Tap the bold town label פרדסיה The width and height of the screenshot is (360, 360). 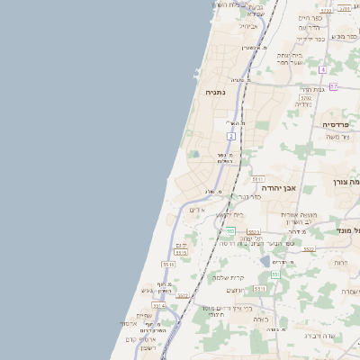tap(336, 124)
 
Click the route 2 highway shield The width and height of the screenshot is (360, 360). tap(231, 136)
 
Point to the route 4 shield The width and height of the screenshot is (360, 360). tap(322, 69)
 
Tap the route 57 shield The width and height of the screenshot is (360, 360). tap(332, 86)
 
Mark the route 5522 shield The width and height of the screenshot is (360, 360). tap(309, 249)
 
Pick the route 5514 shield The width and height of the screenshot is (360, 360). tap(158, 306)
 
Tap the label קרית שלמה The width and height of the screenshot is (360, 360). tap(229, 277)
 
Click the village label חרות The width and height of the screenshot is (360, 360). tap(341, 262)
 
